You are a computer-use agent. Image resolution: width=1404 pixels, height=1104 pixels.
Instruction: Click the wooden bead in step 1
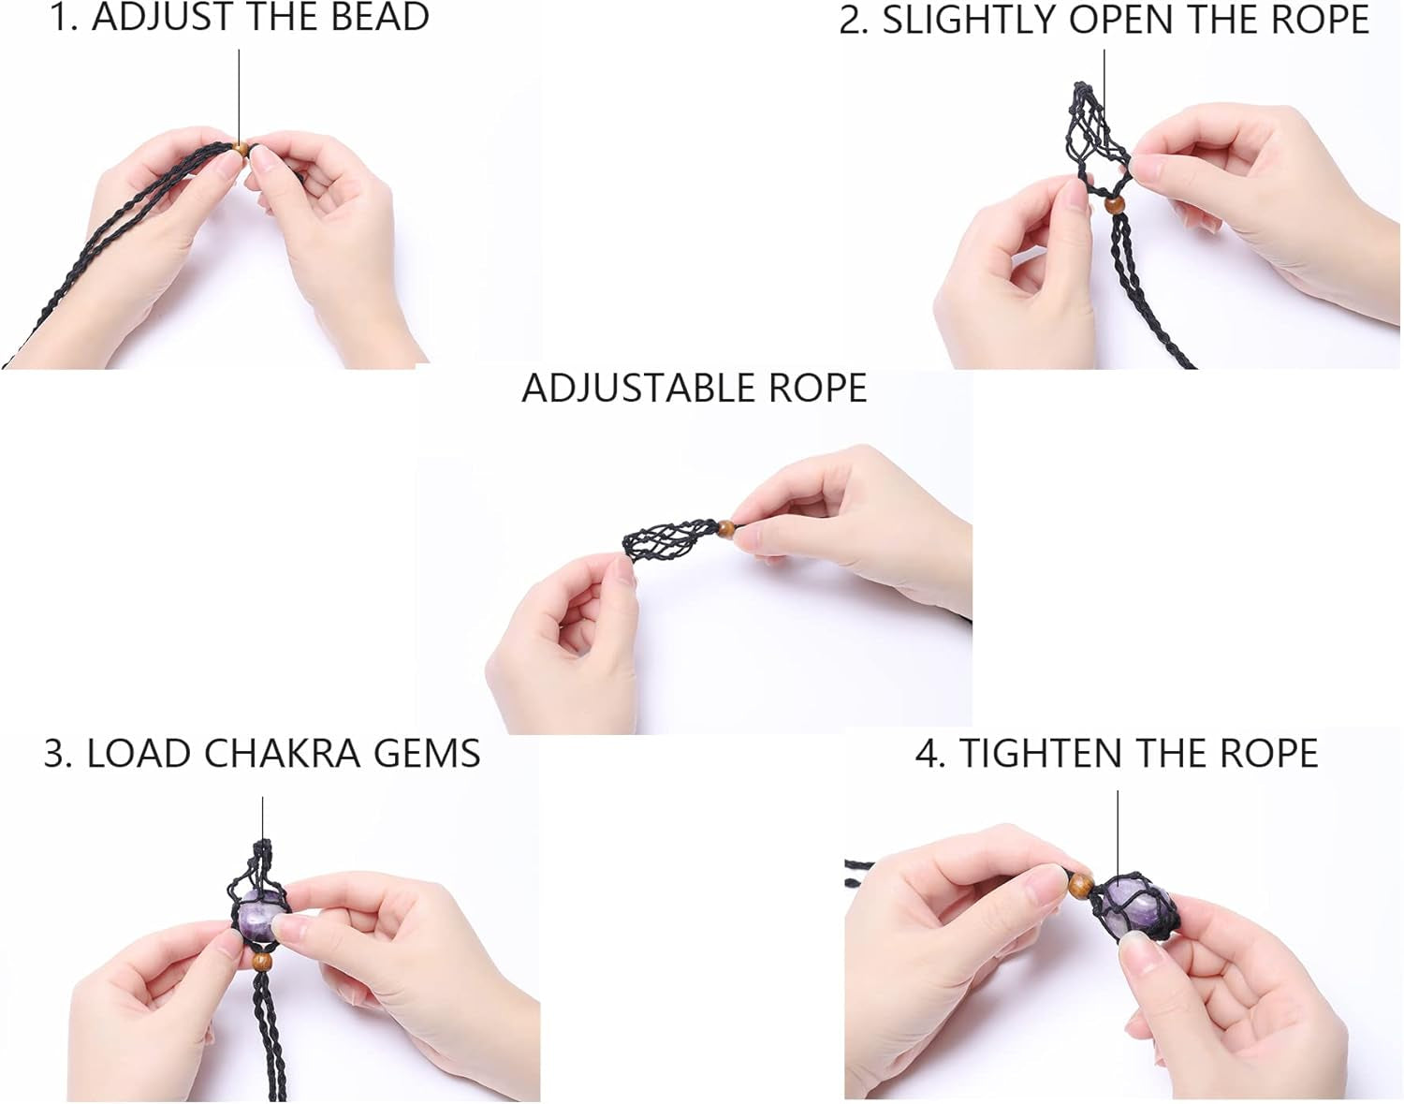240,149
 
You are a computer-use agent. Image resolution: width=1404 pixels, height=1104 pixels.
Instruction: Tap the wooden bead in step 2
1114,206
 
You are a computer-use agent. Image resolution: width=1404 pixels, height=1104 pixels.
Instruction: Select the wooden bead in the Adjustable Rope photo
726,528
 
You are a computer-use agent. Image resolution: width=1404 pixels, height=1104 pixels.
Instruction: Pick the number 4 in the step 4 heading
927,754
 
